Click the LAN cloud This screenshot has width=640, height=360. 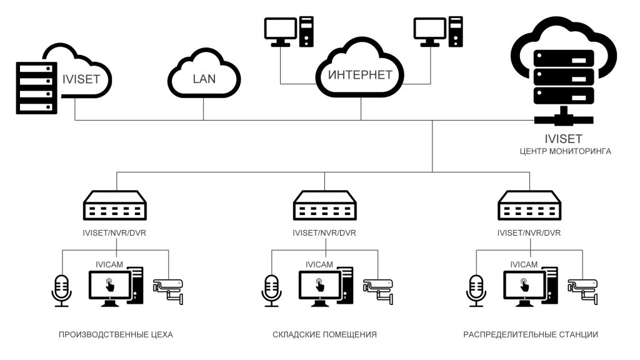tap(203, 76)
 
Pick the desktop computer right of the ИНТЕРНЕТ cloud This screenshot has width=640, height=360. tap(437, 31)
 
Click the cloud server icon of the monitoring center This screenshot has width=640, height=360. tap(562, 69)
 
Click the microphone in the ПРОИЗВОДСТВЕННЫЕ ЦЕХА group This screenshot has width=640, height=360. tap(61, 290)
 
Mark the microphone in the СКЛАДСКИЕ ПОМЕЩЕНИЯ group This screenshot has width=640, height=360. tap(271, 290)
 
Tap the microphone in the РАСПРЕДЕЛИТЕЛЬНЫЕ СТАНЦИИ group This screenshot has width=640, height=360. tap(476, 290)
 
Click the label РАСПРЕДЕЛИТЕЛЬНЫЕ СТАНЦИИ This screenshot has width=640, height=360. tap(531, 335)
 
